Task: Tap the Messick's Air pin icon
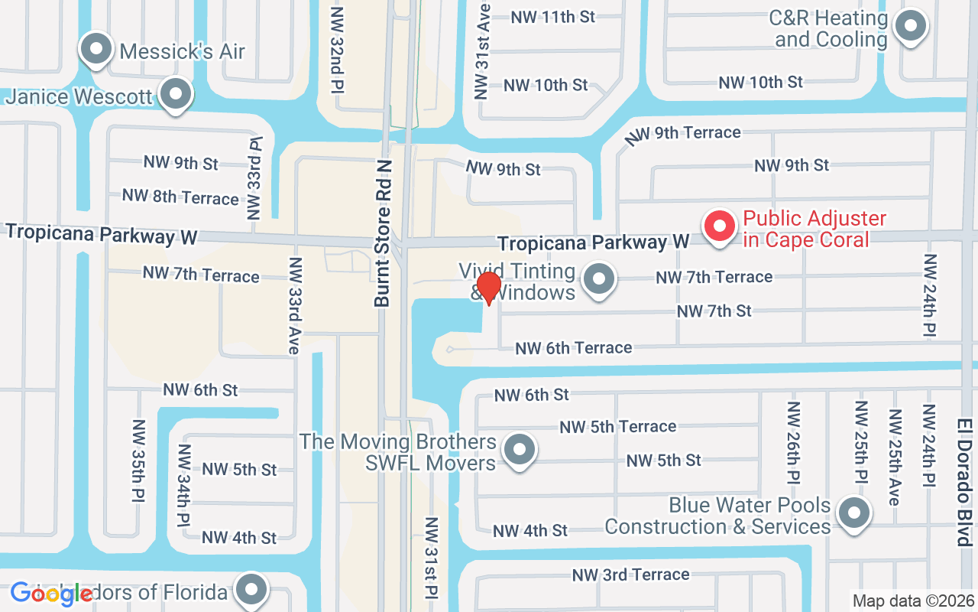(x=96, y=50)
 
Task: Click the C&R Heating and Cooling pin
(x=910, y=28)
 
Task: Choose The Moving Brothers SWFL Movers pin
(x=520, y=450)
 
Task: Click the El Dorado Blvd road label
(x=963, y=481)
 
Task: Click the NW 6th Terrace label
(x=573, y=348)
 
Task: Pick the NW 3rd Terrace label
(x=630, y=575)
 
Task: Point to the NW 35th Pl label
(x=138, y=461)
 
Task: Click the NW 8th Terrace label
(x=180, y=197)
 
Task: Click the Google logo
(x=51, y=594)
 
